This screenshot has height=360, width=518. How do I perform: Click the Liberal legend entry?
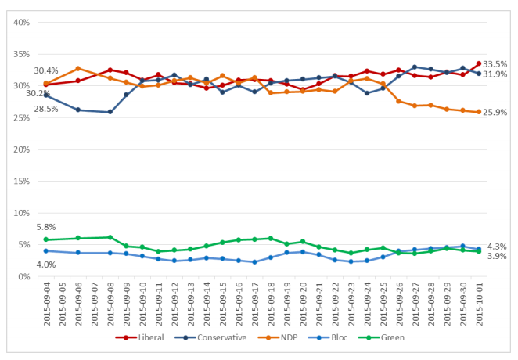point(146,338)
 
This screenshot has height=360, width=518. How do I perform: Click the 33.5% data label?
point(495,64)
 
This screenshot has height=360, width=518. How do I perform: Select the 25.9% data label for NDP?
point(495,113)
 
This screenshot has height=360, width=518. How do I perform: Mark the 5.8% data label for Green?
point(45,227)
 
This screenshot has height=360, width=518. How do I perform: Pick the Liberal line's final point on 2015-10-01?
point(478,63)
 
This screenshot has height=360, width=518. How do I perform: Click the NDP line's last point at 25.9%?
point(478,112)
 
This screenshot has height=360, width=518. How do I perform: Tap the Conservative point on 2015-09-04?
point(46,95)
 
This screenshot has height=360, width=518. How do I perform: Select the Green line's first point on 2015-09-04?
point(46,239)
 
